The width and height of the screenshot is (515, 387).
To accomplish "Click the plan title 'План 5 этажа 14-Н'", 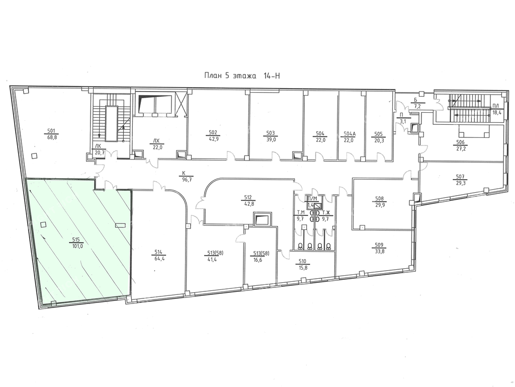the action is coord(242,76).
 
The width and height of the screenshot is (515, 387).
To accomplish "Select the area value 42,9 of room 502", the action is coord(213,138).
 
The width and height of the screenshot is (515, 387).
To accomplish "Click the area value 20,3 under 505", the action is coord(378,139).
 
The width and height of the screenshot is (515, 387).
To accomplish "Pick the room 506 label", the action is coord(460,142).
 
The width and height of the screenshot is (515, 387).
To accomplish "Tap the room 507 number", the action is coord(461,177).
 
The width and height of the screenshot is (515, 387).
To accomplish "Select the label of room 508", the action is coord(380,198).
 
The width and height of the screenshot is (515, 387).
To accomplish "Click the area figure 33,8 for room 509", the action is coord(379,250).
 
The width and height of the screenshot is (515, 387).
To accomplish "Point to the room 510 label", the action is coord(302,262).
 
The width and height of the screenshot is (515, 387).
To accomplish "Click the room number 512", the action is coord(247,197).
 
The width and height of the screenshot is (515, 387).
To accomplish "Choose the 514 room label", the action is coord(158,252).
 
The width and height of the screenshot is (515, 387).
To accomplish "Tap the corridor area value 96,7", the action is coord(187,179).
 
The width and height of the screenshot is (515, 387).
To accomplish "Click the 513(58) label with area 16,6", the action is coord(262,253).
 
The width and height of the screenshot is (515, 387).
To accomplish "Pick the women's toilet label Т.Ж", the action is coord(326,212).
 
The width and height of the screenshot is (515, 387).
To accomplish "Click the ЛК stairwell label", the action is coord(98,146).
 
